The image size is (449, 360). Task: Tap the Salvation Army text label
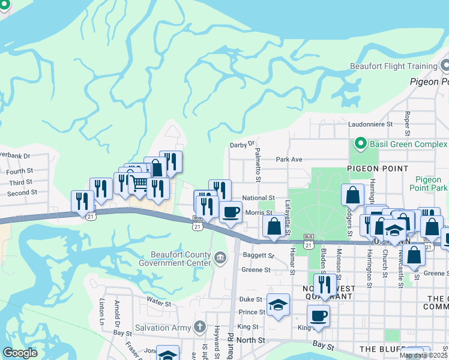point(162,328)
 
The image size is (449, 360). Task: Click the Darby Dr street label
point(243,145)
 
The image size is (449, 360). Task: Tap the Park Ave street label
point(289,160)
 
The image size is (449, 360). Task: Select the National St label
point(258,197)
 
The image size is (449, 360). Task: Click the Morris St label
point(259,212)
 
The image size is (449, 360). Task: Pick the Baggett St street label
point(258,255)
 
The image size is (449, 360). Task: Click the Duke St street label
point(251,299)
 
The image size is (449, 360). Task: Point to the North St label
point(251,340)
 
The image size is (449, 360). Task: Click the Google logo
point(20,353)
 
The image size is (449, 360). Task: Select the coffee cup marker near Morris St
point(231,212)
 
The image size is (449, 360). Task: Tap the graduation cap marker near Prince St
point(279,305)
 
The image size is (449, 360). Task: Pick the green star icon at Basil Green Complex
point(360,144)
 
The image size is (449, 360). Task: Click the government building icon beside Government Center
point(220,259)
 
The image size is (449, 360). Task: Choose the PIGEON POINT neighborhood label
point(378,169)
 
